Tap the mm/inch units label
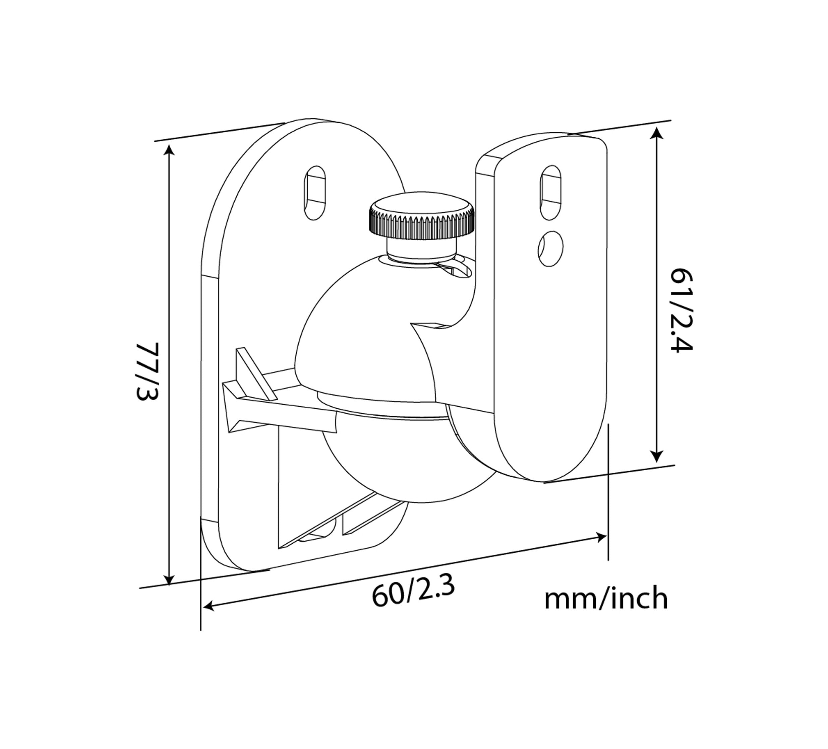point(606,598)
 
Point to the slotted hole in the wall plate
point(315,193)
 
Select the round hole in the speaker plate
point(550,248)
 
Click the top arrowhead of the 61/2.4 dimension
point(657,133)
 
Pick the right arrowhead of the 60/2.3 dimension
point(601,537)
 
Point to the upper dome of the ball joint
point(361,328)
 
